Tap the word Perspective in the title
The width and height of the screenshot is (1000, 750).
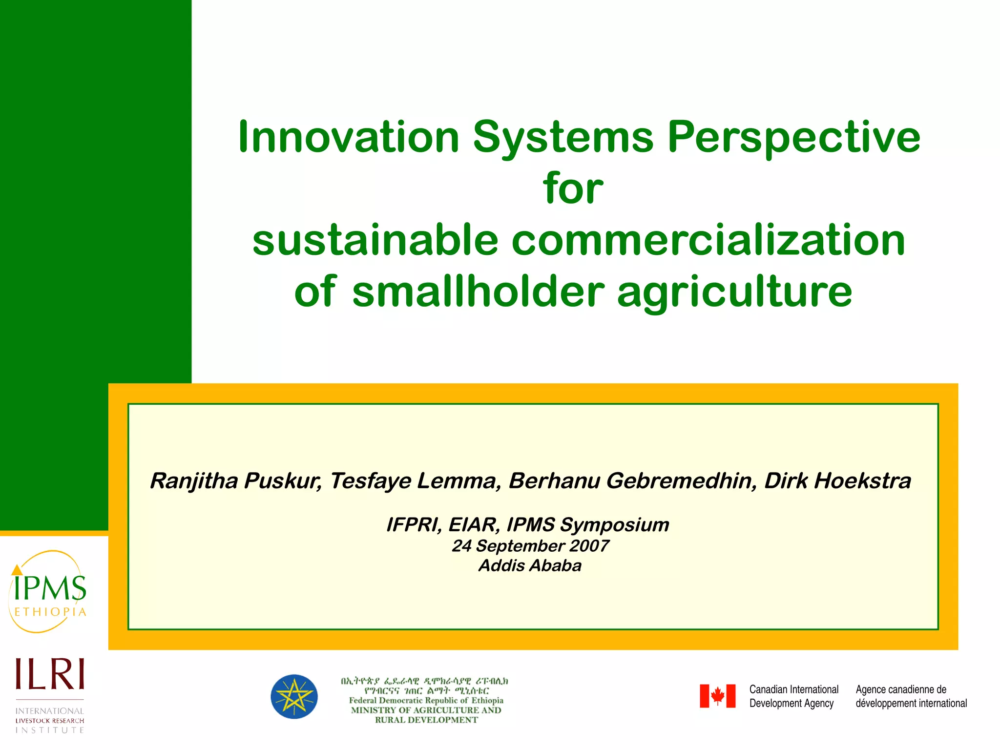pos(793,138)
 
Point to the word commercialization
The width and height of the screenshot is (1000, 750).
pos(708,240)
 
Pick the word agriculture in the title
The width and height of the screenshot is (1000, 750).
pos(734,293)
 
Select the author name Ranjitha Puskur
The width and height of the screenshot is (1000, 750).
pos(235,481)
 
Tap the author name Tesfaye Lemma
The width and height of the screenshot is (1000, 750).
pos(416,481)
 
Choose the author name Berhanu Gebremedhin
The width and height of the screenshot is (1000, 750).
pos(632,481)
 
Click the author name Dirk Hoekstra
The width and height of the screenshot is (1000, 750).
pos(837,481)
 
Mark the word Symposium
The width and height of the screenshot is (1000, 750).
pos(614,525)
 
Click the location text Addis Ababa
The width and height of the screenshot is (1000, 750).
pos(530,566)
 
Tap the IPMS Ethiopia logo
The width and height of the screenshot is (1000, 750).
pos(48,592)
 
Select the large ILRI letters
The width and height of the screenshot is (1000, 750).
pos(50,674)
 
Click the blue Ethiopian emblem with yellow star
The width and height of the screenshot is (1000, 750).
pos(294,697)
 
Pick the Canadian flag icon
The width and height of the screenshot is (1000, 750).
pos(717,696)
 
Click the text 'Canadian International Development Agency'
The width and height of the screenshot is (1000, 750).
pos(793,696)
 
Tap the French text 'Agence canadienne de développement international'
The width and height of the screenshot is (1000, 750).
pos(911,696)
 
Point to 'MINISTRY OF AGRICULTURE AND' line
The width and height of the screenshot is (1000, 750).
pos(426,710)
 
